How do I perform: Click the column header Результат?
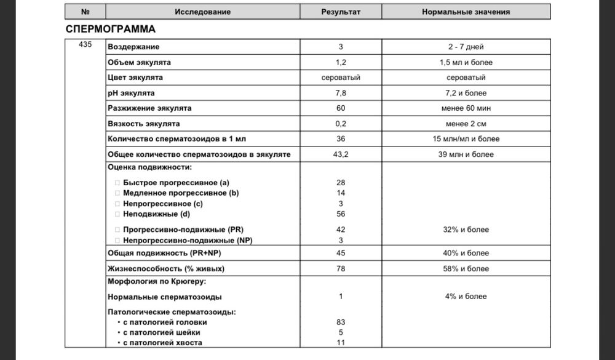point(341,12)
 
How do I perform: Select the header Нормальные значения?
point(466,12)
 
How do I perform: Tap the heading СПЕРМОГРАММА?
point(110,29)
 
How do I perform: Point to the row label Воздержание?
point(133,47)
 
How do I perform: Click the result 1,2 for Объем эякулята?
point(341,62)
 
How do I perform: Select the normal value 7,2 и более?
point(466,93)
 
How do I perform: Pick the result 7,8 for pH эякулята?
point(341,93)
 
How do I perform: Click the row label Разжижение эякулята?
point(149,108)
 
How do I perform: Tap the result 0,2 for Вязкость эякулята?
point(341,124)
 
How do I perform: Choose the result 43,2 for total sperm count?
point(341,154)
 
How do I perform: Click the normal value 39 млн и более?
point(466,154)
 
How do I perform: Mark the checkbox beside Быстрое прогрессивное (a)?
point(117,183)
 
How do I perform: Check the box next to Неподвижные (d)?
point(117,214)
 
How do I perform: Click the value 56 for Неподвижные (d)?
point(341,214)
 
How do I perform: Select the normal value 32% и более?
point(466,230)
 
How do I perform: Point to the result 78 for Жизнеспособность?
point(341,268)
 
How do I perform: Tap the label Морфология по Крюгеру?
point(157,281)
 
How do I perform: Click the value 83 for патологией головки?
point(341,322)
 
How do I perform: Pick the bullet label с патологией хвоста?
point(162,343)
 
